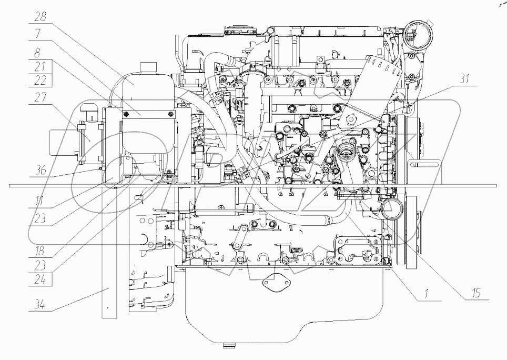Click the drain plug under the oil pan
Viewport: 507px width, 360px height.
231,346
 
